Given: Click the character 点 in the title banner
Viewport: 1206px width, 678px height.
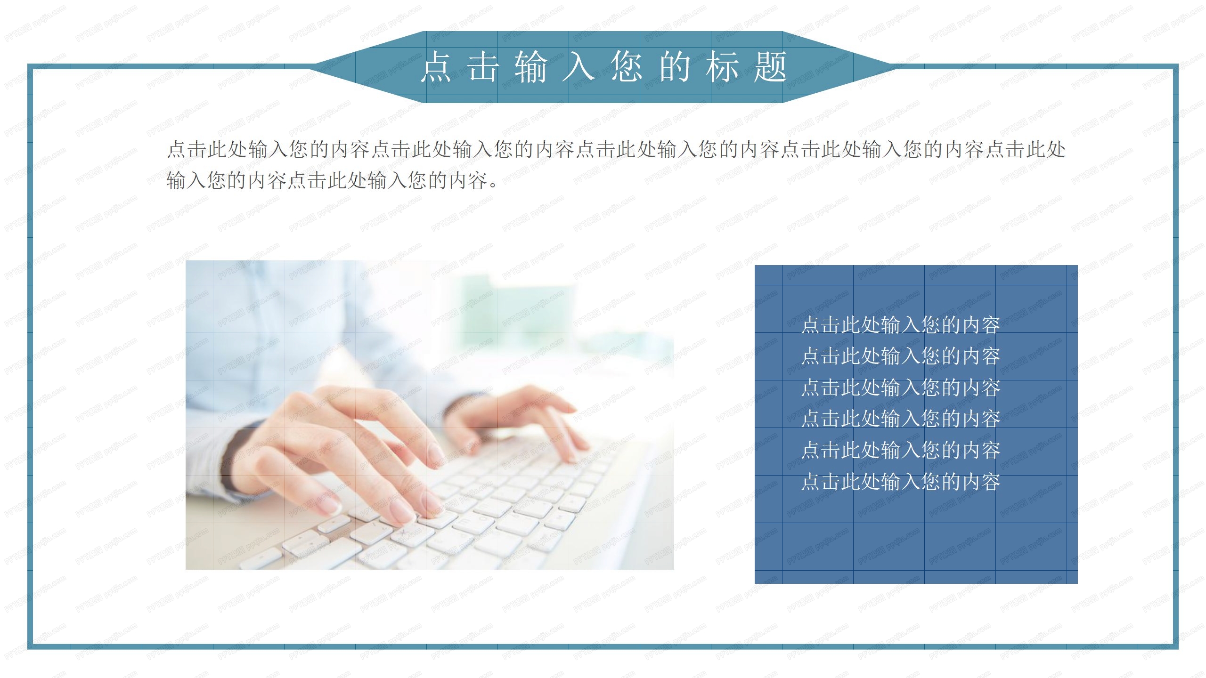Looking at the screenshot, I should pyautogui.click(x=436, y=67).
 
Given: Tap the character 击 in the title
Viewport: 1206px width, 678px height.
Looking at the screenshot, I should pyautogui.click(x=484, y=67).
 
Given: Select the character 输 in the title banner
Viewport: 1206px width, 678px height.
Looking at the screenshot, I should pyautogui.click(x=531, y=67).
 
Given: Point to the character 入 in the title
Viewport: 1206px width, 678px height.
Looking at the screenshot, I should pyautogui.click(x=579, y=67).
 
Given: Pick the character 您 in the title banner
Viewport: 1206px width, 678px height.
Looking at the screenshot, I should pyautogui.click(x=627, y=67).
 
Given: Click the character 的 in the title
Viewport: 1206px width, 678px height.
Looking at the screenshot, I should pyautogui.click(x=675, y=67).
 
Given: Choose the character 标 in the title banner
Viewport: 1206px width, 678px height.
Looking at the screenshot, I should pyautogui.click(x=722, y=67).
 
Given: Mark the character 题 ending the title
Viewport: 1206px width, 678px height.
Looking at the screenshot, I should pyautogui.click(x=770, y=67).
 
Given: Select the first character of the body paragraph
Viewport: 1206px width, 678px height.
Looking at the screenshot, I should pyautogui.click(x=177, y=150).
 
